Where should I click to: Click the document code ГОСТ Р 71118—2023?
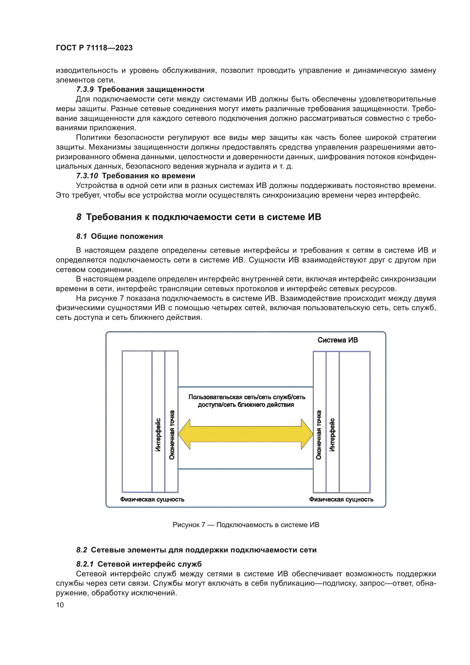pos(94,48)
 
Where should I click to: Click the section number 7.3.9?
pos(84,89)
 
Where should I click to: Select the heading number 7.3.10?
pos(87,176)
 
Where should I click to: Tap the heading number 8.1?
pos(81,236)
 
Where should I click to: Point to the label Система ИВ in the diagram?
pos(338,340)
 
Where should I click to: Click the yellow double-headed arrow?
pos(246,434)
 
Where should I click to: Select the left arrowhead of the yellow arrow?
pos(185,434)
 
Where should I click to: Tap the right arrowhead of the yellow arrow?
pos(307,434)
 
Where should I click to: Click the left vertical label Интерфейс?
pos(158,434)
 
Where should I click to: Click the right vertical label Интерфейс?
pos(332,434)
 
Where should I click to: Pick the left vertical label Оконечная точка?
pos(172,434)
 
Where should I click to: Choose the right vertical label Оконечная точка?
pos(319,434)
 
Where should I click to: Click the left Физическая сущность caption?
pos(152,499)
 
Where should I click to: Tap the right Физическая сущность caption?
pos(341,499)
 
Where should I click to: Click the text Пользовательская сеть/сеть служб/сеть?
pos(247,397)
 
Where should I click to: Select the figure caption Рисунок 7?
pos(189,525)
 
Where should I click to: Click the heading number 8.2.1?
pos(85,564)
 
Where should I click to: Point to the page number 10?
pos(60,605)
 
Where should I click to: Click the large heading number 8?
pos(79,217)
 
